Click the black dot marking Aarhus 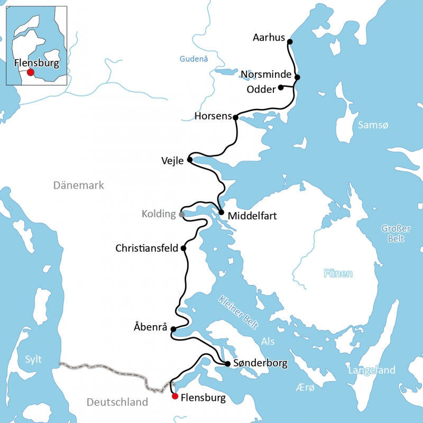pos(289,41)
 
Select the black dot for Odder pos(281,87)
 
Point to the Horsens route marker pos(235,117)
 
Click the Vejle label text pos(173,160)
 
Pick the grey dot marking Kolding pos(182,214)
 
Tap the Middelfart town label pos(252,216)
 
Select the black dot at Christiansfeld pos(183,248)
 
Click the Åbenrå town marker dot pos(173,329)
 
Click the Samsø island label pos(373,125)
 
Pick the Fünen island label pos(338,273)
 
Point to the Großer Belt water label pos(396,233)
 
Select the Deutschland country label pos(117,402)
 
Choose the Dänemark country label pos(79,185)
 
